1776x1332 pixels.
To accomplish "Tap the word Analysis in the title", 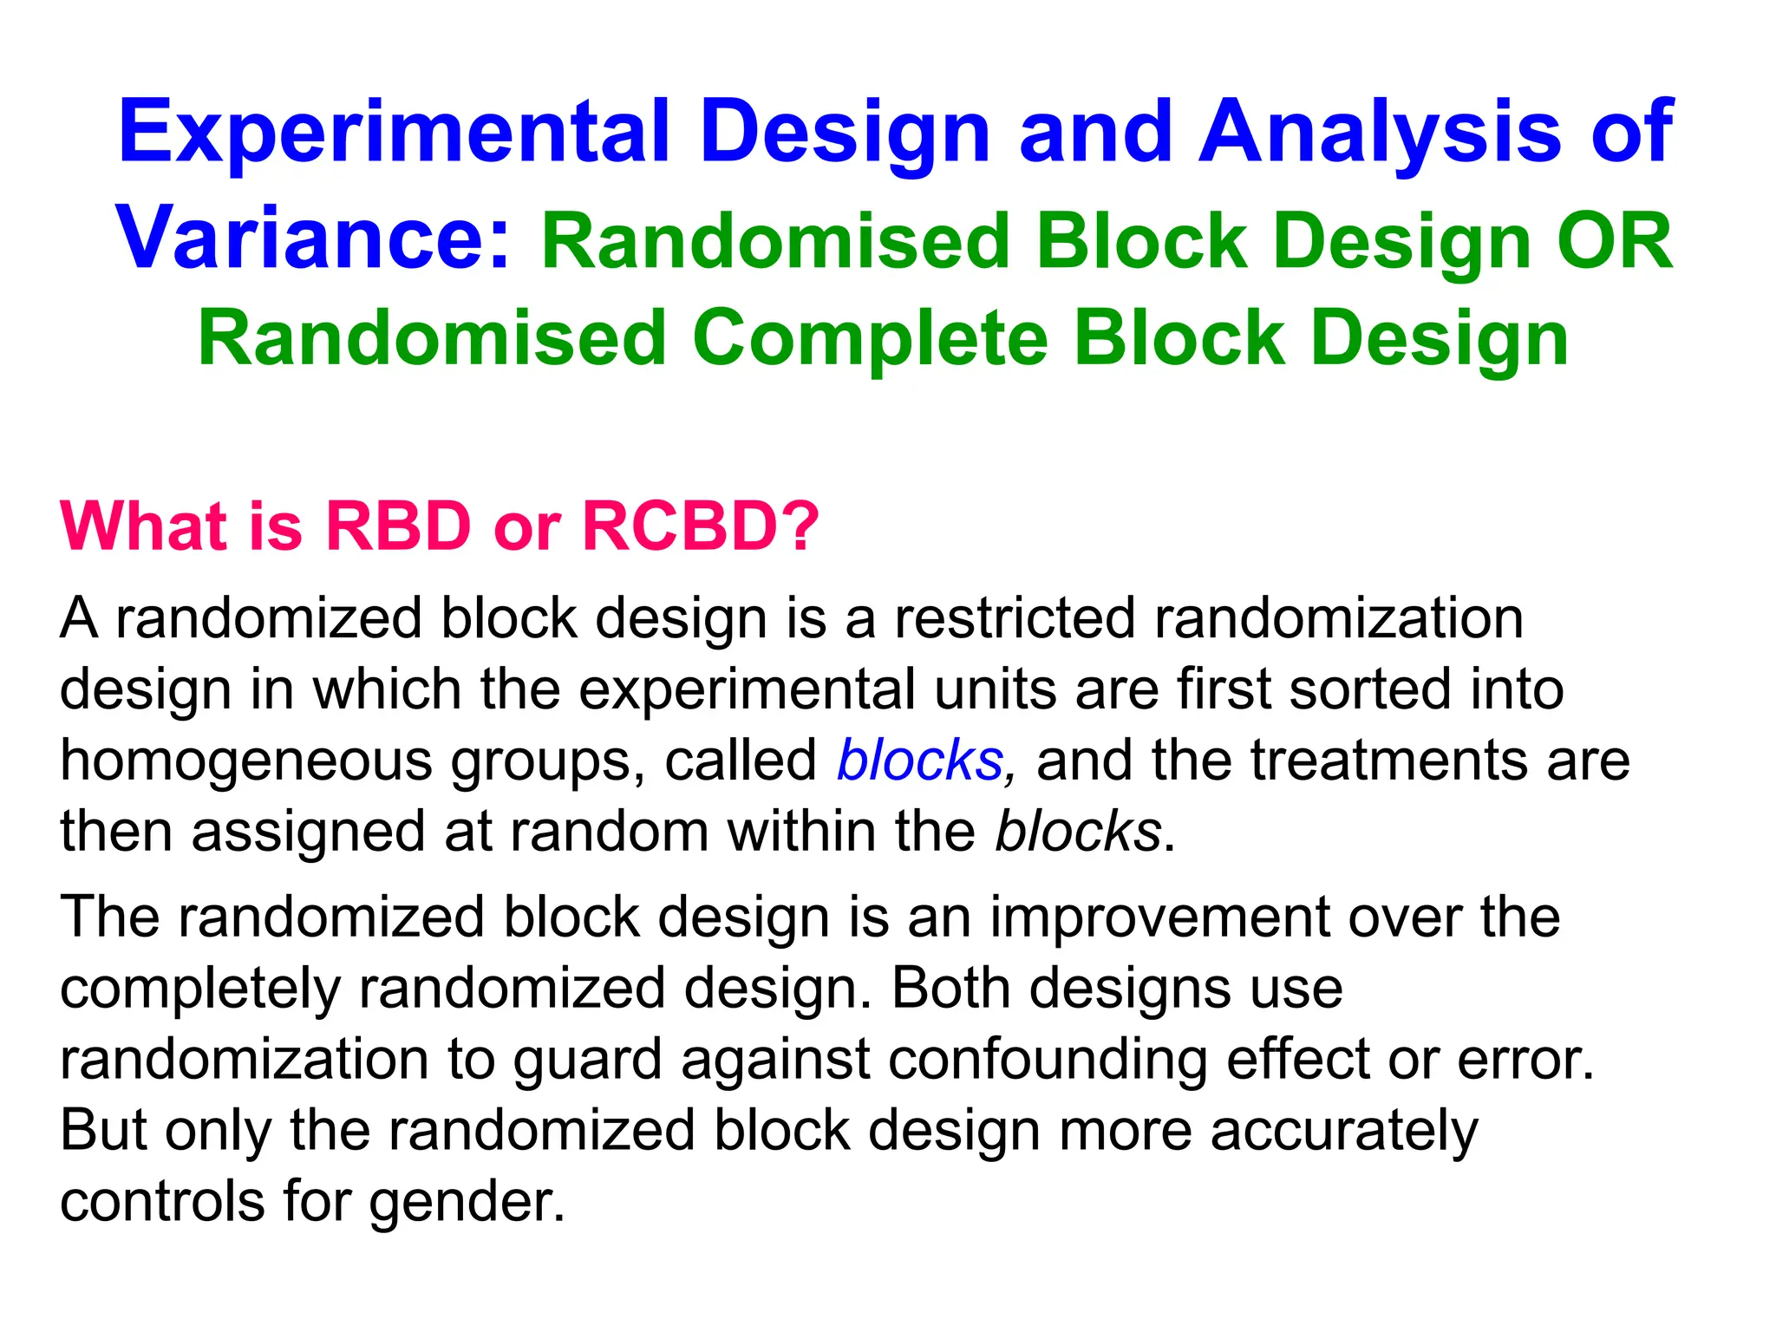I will point(1379,133).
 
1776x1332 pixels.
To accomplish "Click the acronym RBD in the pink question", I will point(398,526).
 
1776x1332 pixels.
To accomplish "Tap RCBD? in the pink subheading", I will point(701,526).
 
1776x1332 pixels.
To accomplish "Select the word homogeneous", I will point(245,761).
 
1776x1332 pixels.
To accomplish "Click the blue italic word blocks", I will point(920,761).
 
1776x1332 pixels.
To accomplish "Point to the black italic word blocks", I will point(1078,832).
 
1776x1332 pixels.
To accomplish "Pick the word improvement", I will point(1160,917).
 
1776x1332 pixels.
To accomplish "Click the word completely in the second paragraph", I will point(200,989).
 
